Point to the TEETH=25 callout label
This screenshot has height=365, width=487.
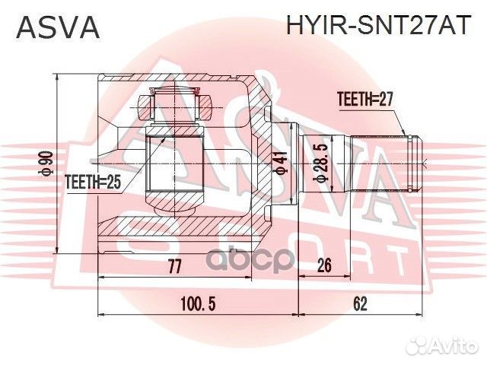click(93, 182)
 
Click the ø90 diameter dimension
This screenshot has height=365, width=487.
click(46, 163)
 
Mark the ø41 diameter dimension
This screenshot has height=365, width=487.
click(281, 163)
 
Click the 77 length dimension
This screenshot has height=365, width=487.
click(174, 267)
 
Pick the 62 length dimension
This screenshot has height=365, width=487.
click(361, 304)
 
